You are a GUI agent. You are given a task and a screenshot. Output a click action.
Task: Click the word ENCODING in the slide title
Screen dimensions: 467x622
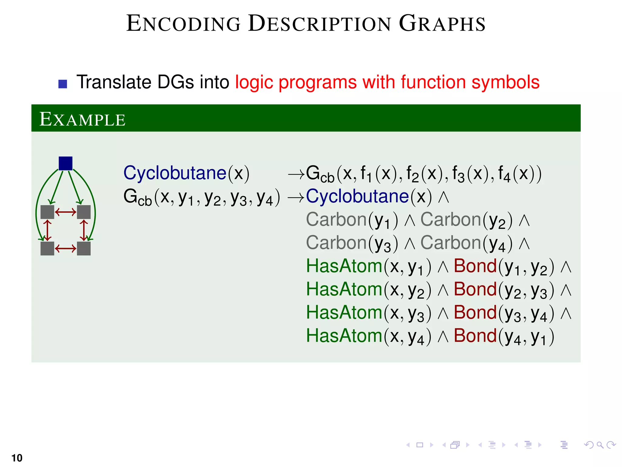(183, 23)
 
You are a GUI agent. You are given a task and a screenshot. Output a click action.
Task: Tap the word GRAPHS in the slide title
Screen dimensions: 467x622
(442, 23)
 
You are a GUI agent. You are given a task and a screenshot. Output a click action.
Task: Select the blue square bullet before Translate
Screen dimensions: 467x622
(63, 84)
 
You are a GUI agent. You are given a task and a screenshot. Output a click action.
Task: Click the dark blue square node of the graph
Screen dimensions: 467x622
(65, 163)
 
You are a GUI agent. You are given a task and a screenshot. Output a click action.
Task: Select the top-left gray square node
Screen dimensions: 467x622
(47, 212)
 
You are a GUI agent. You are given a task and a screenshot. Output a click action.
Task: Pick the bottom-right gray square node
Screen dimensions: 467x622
(84, 248)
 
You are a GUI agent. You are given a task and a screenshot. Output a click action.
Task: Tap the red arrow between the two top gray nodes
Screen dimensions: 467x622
(66, 212)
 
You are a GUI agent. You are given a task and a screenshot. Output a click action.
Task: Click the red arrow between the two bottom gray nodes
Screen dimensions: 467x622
(66, 249)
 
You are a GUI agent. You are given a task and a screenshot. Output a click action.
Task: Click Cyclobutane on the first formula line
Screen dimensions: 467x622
(175, 173)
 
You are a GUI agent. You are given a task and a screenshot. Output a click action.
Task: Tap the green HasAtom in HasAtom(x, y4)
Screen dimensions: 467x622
(344, 336)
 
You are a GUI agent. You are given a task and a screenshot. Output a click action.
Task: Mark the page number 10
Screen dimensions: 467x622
(17, 458)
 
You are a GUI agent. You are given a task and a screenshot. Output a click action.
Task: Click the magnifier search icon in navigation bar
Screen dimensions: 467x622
(600, 445)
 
